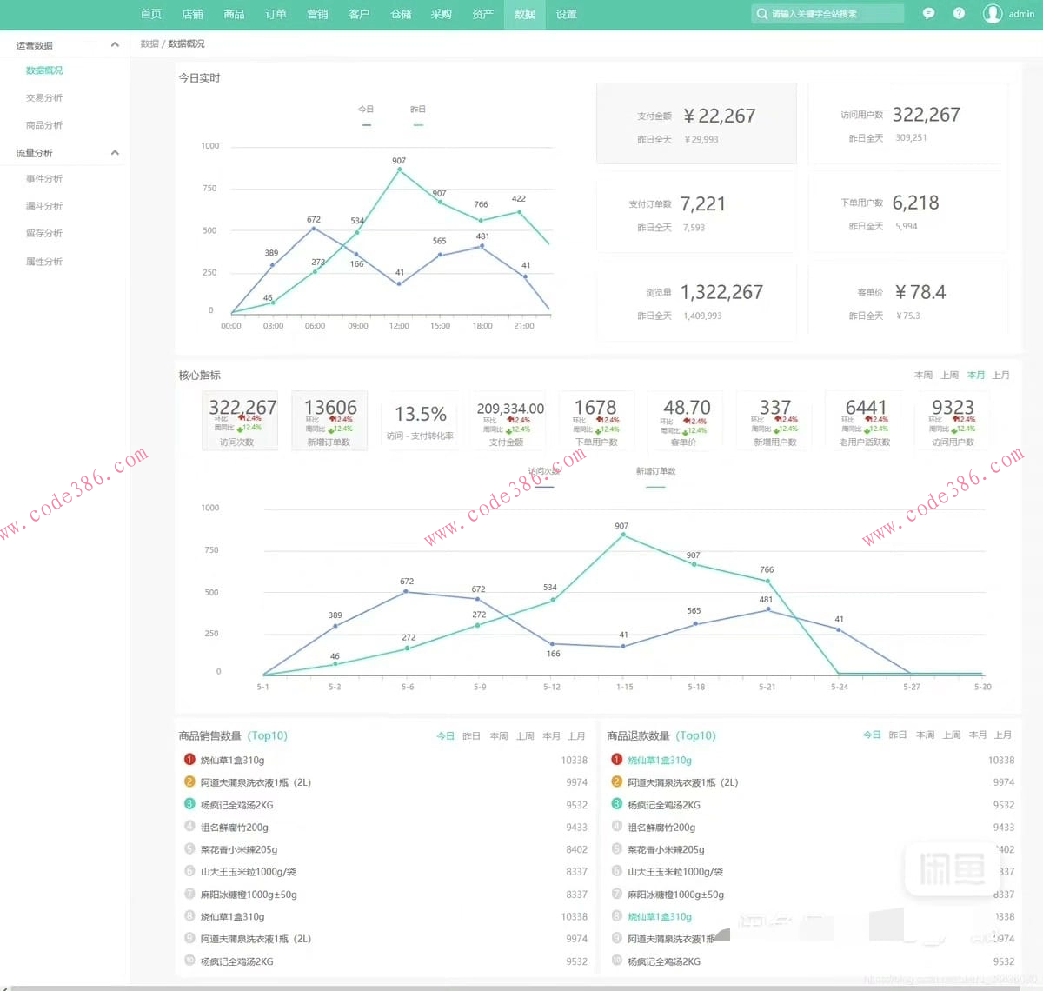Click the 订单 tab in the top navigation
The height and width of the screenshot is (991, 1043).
[x=276, y=14]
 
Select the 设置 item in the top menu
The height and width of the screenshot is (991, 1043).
[x=567, y=14]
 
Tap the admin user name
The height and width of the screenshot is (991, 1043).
[x=1021, y=14]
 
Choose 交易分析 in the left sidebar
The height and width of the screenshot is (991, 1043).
[x=44, y=98]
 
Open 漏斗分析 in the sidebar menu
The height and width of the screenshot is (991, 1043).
[x=44, y=206]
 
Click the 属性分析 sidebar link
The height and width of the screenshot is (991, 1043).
[x=44, y=262]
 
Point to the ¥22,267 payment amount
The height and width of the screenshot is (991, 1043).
[x=719, y=116]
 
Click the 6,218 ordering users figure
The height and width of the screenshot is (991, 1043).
[x=915, y=203]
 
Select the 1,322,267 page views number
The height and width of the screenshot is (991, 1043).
[x=721, y=293]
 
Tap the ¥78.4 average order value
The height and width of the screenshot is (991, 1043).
[x=920, y=293]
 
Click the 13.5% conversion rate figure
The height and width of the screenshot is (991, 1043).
[x=420, y=415]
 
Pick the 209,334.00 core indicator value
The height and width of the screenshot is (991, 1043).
[x=510, y=409]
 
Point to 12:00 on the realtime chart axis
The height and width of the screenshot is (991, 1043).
[x=399, y=326]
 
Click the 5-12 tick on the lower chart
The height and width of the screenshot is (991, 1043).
[x=552, y=687]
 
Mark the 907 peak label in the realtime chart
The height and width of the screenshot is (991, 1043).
[x=399, y=161]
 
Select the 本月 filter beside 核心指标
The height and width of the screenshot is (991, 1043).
[x=976, y=376]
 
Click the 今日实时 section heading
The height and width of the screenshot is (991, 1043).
[x=200, y=78]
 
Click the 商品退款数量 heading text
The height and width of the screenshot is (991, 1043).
[x=638, y=736]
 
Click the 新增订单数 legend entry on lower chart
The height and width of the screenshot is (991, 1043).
[x=655, y=471]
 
